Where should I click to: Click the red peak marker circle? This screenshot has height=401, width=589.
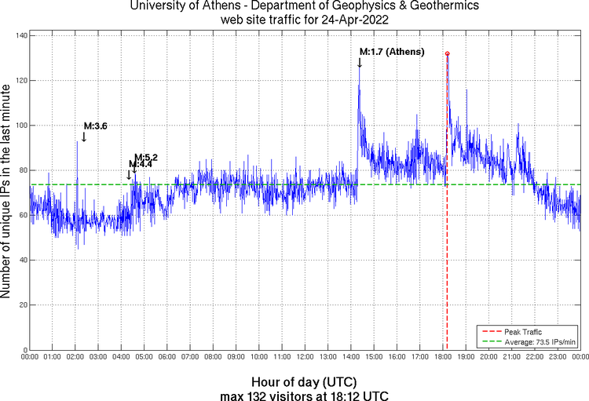coord(447,53)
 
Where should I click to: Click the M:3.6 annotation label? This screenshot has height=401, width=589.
coord(95,126)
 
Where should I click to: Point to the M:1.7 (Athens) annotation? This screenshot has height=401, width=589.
coord(392,53)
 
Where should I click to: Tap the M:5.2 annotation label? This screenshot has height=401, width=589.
coord(146,157)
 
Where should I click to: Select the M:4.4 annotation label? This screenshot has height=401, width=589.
coord(139,164)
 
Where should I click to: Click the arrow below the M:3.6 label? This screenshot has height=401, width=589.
coord(83,137)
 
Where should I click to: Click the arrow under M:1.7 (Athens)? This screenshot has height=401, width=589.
coord(360,63)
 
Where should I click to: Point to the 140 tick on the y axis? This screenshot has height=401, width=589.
coord(21,36)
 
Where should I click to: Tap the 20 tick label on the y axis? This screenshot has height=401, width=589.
coord(23,304)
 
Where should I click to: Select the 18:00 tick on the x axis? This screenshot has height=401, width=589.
coord(442,357)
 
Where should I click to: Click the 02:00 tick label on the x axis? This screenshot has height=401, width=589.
coord(75,357)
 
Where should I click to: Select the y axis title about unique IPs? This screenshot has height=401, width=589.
coord(7,192)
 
